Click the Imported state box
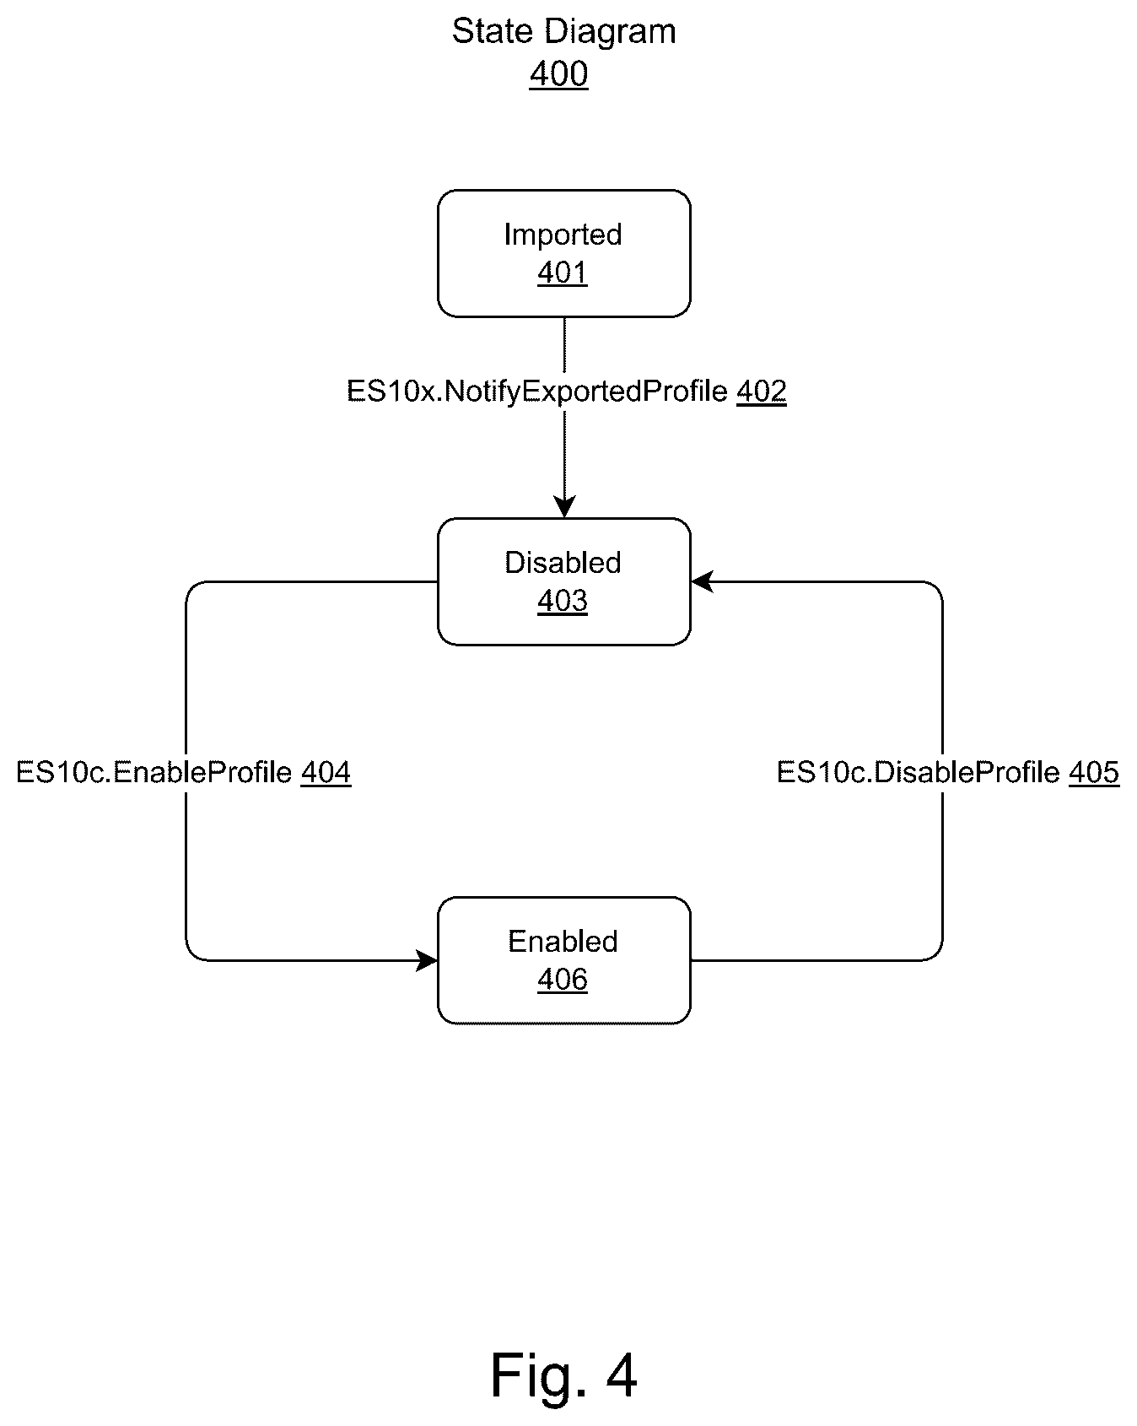[x=563, y=253]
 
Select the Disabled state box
[x=563, y=581]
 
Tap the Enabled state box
[x=563, y=960]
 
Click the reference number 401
[x=563, y=273]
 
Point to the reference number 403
[x=563, y=601]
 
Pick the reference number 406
[x=563, y=980]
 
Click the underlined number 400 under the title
[x=558, y=74]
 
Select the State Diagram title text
[x=563, y=32]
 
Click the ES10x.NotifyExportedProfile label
[x=537, y=392]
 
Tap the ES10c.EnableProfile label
[x=154, y=772]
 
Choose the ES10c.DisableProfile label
[x=919, y=772]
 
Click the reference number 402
[x=762, y=392]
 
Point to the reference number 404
[x=326, y=772]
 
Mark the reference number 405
[x=1094, y=772]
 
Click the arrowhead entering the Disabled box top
[x=564, y=507]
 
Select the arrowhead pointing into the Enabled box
[x=427, y=960]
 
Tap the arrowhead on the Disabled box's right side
[x=702, y=581]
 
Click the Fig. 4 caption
[x=563, y=1375]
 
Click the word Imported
[x=563, y=235]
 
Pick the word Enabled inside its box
[x=563, y=941]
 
